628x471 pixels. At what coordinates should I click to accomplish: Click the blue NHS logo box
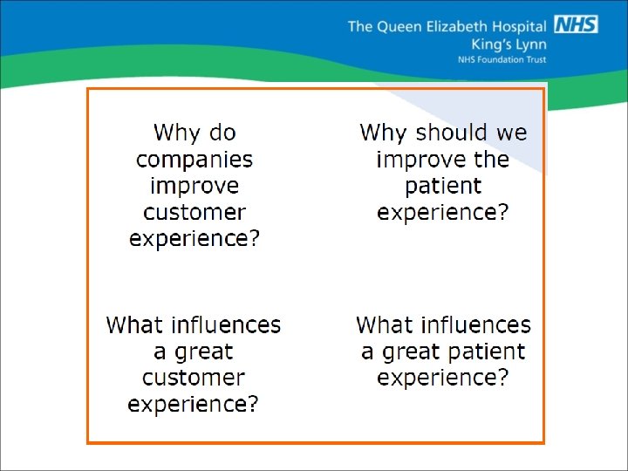[577, 24]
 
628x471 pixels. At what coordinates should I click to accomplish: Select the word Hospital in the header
[520, 26]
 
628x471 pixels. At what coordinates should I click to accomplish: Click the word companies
[195, 160]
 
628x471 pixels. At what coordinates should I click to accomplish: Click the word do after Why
[222, 133]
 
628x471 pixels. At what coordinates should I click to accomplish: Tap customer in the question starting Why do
[195, 213]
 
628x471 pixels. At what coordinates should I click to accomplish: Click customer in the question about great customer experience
[194, 379]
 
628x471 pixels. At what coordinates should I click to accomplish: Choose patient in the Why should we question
[443, 186]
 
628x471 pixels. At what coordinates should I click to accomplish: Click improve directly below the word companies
[195, 187]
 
